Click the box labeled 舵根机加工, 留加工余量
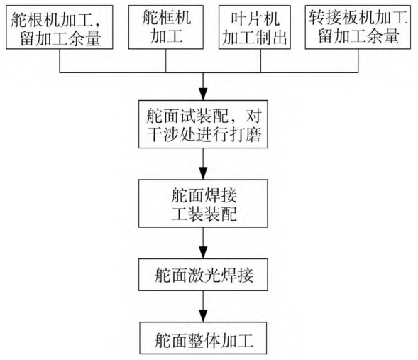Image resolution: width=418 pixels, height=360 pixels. coord(60,27)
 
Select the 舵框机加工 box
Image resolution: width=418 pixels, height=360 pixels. coord(166,27)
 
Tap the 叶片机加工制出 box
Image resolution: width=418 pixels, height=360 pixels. coord(255,27)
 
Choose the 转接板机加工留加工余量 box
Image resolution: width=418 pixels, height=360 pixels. coord(358,27)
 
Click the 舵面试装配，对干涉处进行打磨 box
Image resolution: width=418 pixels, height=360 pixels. coord(203,124)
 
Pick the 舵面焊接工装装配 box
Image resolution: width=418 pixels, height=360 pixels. coord(203,204)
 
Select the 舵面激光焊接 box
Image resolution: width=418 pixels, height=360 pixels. coord(203,275)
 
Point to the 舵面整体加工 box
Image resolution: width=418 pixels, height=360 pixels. coord(203,338)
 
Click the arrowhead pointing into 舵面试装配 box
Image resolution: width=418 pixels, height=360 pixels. coord(203,94)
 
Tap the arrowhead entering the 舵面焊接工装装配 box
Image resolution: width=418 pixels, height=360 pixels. coord(203,173)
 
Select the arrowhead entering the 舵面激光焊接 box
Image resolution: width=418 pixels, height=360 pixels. coord(203,252)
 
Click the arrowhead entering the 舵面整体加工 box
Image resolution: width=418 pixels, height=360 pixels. coord(203,316)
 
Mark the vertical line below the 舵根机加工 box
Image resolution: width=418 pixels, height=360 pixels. coord(60,61)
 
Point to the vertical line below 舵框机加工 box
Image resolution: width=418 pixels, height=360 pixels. coord(166,61)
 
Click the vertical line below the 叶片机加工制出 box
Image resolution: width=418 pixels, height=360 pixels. coord(260,61)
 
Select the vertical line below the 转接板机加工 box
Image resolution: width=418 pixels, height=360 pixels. coord(358,61)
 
